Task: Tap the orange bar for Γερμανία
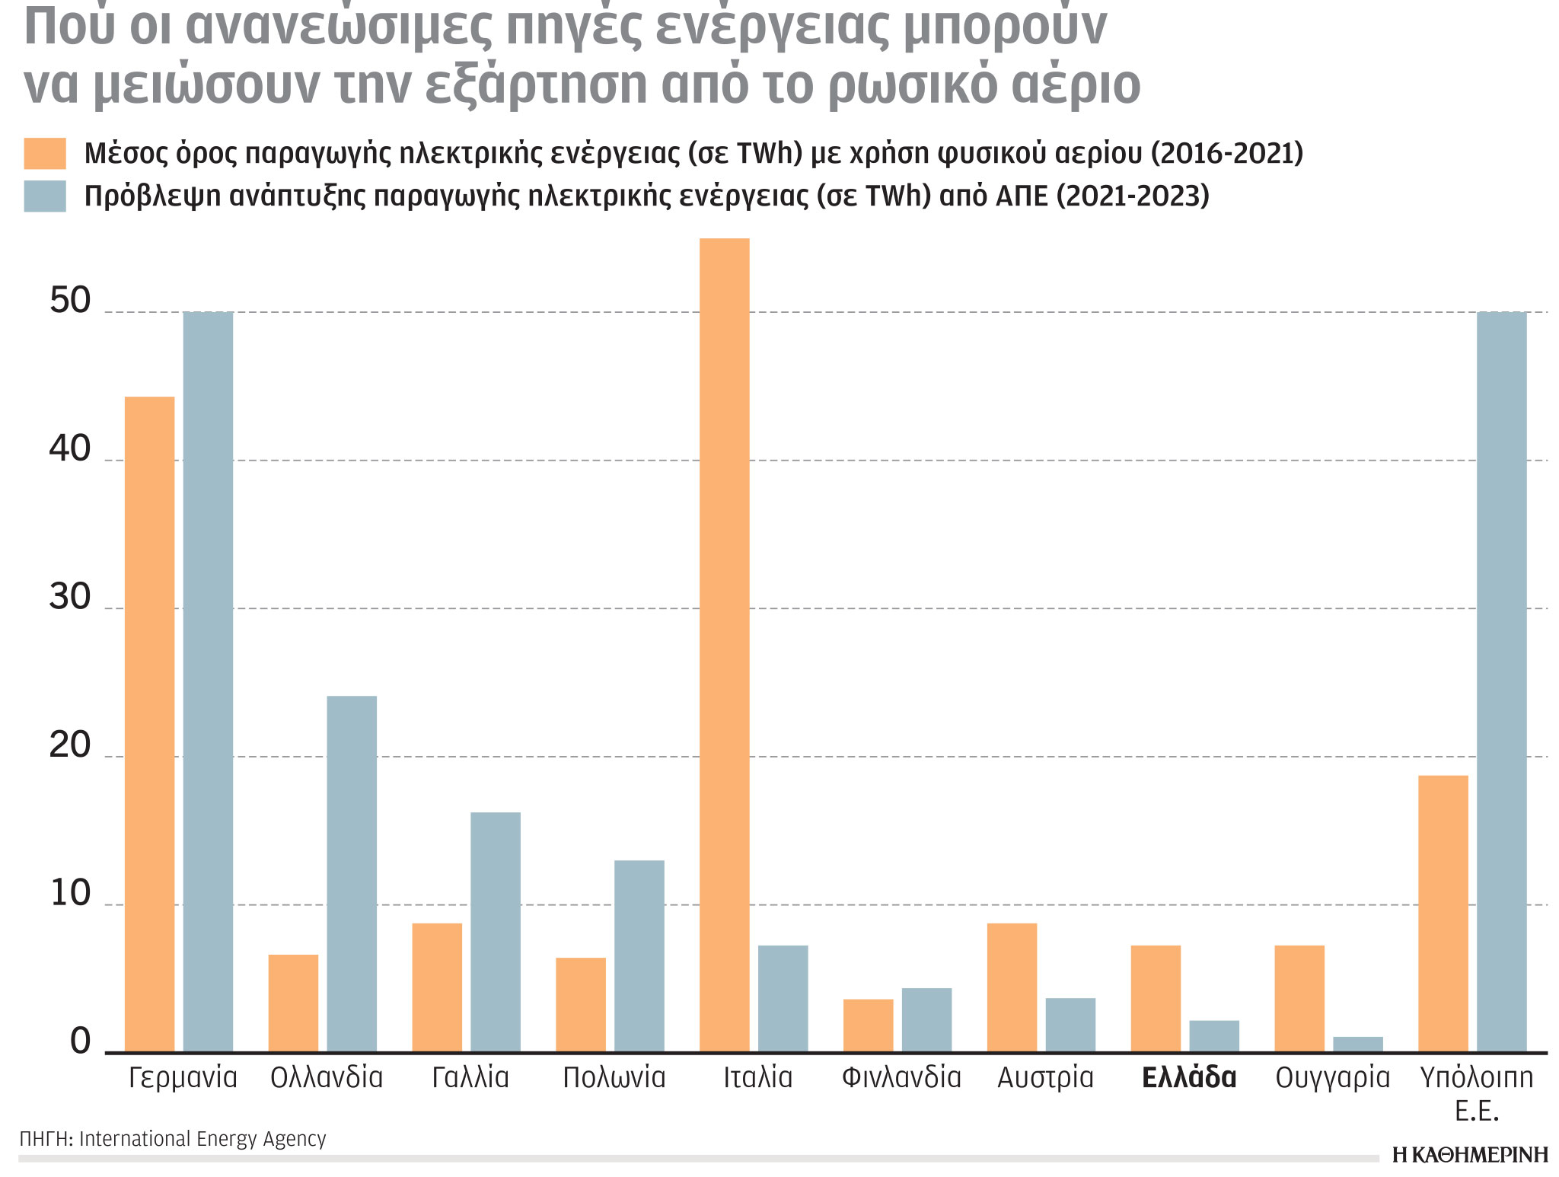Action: (x=149, y=724)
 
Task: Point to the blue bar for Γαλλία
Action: (x=495, y=932)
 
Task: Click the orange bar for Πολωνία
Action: (x=581, y=1005)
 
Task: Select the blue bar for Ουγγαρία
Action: (x=1357, y=1045)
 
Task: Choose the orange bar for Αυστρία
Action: (x=1012, y=987)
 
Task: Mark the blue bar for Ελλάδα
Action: (x=1214, y=1036)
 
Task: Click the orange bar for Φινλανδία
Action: (x=868, y=1025)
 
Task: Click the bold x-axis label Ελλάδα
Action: (x=1189, y=1077)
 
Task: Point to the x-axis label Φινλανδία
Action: (x=901, y=1077)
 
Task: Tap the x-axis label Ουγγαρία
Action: (x=1332, y=1077)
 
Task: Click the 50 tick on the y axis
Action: (x=69, y=301)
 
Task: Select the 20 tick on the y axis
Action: (x=69, y=746)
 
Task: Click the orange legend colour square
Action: (x=45, y=153)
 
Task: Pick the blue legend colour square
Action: (x=45, y=196)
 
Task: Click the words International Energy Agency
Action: (x=202, y=1139)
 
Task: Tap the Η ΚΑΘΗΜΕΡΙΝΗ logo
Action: (x=1469, y=1154)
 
